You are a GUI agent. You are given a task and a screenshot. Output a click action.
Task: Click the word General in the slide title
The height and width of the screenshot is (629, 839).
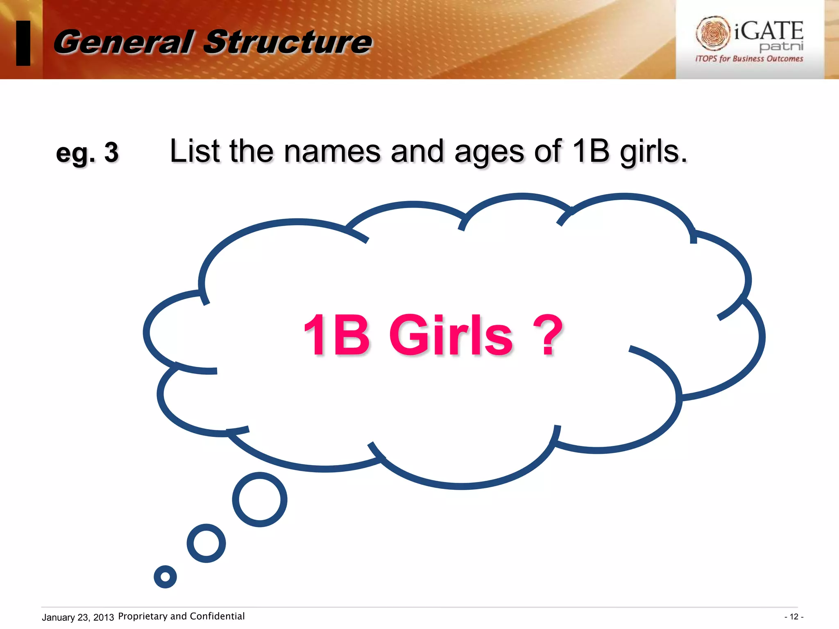pyautogui.click(x=123, y=42)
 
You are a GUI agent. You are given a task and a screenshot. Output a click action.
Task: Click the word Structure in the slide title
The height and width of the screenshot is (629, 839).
pyautogui.click(x=288, y=42)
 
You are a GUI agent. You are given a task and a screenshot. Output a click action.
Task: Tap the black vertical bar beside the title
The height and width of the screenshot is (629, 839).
pyautogui.click(x=23, y=43)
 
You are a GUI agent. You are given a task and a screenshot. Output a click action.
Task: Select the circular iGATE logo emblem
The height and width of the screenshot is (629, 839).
pyautogui.click(x=713, y=33)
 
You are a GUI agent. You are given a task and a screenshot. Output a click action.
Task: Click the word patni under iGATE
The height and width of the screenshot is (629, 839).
pyautogui.click(x=781, y=46)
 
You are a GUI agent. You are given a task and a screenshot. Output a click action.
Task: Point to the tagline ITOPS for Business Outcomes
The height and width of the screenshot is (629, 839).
pyautogui.click(x=749, y=59)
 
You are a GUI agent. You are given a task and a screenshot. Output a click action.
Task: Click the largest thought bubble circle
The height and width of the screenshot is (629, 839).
pyautogui.click(x=260, y=499)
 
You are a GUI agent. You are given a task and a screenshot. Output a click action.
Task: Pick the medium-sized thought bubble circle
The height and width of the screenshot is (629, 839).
pyautogui.click(x=206, y=543)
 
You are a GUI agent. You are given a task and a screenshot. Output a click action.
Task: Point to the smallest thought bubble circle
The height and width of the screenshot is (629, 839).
pyautogui.click(x=165, y=577)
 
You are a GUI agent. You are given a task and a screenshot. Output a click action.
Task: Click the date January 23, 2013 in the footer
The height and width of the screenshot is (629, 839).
pyautogui.click(x=78, y=617)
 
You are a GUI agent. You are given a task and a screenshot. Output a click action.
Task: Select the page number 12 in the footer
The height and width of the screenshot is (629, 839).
pyautogui.click(x=794, y=617)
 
